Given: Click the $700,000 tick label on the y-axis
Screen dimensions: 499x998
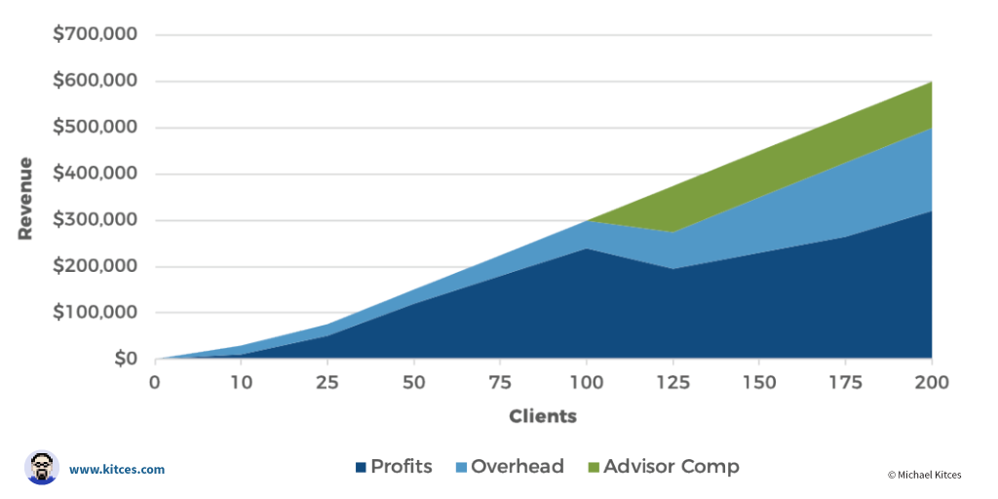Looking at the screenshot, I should point(95,34).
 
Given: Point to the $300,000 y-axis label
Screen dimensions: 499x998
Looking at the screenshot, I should point(95,220).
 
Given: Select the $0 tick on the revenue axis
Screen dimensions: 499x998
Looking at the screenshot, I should point(124,360).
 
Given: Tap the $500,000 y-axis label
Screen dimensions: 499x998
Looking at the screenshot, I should point(95,128).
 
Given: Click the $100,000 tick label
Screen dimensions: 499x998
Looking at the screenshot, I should point(95,313).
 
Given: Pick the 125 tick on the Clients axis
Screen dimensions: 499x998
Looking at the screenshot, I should point(672,382).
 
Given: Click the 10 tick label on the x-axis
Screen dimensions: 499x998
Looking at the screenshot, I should point(241,382).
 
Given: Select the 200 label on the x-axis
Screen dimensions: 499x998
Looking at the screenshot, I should point(932,382).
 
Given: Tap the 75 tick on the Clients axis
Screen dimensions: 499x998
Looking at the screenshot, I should point(499,382).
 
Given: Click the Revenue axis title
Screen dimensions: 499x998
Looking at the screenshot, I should point(25,198).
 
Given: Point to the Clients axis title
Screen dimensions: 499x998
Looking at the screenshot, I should point(543,416).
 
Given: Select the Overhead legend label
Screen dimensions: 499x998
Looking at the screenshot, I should point(517,467).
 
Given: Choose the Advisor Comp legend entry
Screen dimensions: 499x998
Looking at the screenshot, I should point(671,467).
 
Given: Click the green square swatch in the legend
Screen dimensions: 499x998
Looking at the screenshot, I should point(593,468).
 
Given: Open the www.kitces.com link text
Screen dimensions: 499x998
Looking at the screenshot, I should point(117,469).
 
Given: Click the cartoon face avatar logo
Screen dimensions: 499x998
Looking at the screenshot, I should point(42,468).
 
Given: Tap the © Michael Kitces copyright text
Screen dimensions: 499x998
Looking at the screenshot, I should point(924,475).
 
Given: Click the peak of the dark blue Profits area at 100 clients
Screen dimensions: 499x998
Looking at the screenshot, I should point(586,249).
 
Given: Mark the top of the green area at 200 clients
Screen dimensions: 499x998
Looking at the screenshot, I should point(931,82).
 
